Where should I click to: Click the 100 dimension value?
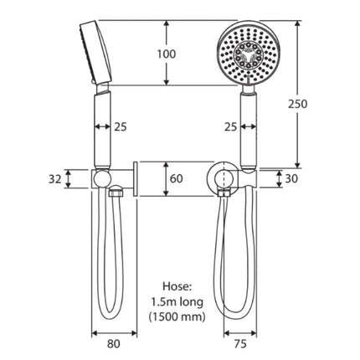point(167,54)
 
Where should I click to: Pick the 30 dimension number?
point(291,177)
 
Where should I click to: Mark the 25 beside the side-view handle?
point(119,127)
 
